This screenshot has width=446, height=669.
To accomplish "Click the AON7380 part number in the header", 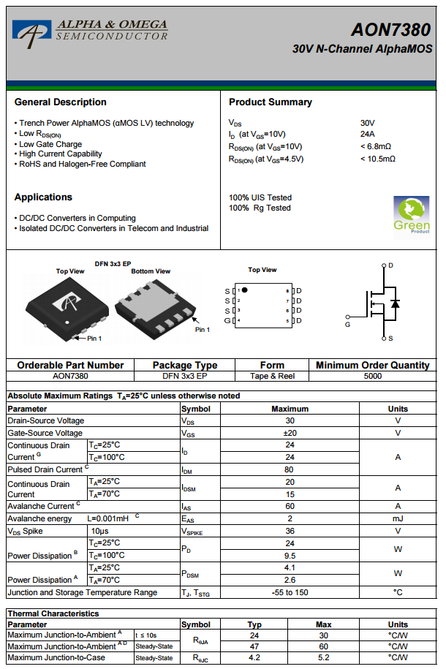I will pyautogui.click(x=390, y=29).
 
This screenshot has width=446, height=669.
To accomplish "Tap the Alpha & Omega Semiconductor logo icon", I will pyautogui.click(x=31, y=31).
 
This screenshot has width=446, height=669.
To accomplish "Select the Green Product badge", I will pyautogui.click(x=411, y=214).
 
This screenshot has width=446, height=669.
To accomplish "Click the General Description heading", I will pyautogui.click(x=61, y=102).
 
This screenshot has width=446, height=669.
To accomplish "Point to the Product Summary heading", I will pyautogui.click(x=271, y=102).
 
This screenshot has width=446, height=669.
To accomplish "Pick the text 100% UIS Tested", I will pyautogui.click(x=260, y=197).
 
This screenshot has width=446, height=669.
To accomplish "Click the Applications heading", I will pyautogui.click(x=43, y=197).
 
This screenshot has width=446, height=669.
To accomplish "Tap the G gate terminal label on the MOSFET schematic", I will pyautogui.click(x=347, y=324).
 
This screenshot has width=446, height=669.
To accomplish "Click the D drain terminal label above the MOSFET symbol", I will pyautogui.click(x=390, y=265).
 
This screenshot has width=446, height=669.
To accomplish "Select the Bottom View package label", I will pyautogui.click(x=151, y=271).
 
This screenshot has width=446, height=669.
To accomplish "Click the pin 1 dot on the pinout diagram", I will pyautogui.click(x=245, y=290).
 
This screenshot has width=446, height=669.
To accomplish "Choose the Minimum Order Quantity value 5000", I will pyautogui.click(x=372, y=376).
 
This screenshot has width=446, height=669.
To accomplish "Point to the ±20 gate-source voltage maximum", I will pyautogui.click(x=290, y=433).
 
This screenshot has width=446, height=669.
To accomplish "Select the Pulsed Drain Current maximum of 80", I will pyautogui.click(x=290, y=469).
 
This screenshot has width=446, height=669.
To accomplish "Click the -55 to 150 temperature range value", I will pyautogui.click(x=290, y=592).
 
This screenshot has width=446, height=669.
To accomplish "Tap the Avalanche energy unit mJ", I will pyautogui.click(x=398, y=518).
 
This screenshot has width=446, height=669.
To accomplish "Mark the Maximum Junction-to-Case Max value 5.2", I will pyautogui.click(x=323, y=657).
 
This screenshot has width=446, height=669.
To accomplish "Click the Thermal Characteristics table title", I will pyautogui.click(x=53, y=613).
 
